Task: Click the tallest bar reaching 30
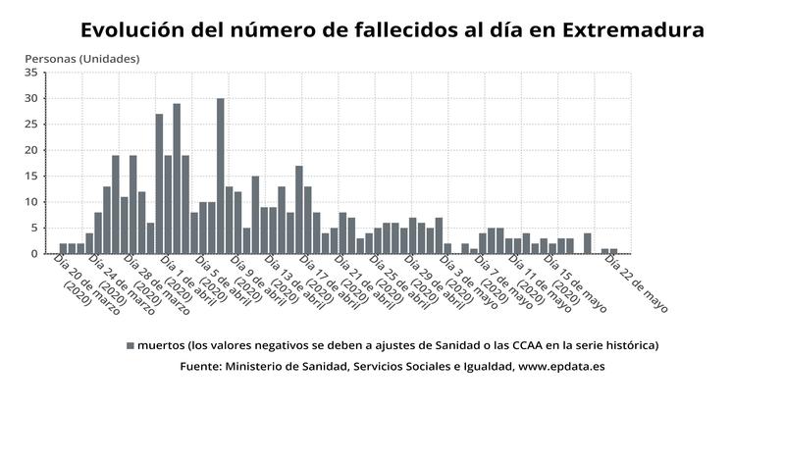(x=221, y=177)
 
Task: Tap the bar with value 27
(x=159, y=183)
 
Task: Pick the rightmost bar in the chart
(x=614, y=251)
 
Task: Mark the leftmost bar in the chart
(x=63, y=248)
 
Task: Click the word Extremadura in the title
(x=634, y=30)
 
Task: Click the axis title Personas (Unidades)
(x=75, y=58)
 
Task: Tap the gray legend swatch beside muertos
(x=130, y=345)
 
